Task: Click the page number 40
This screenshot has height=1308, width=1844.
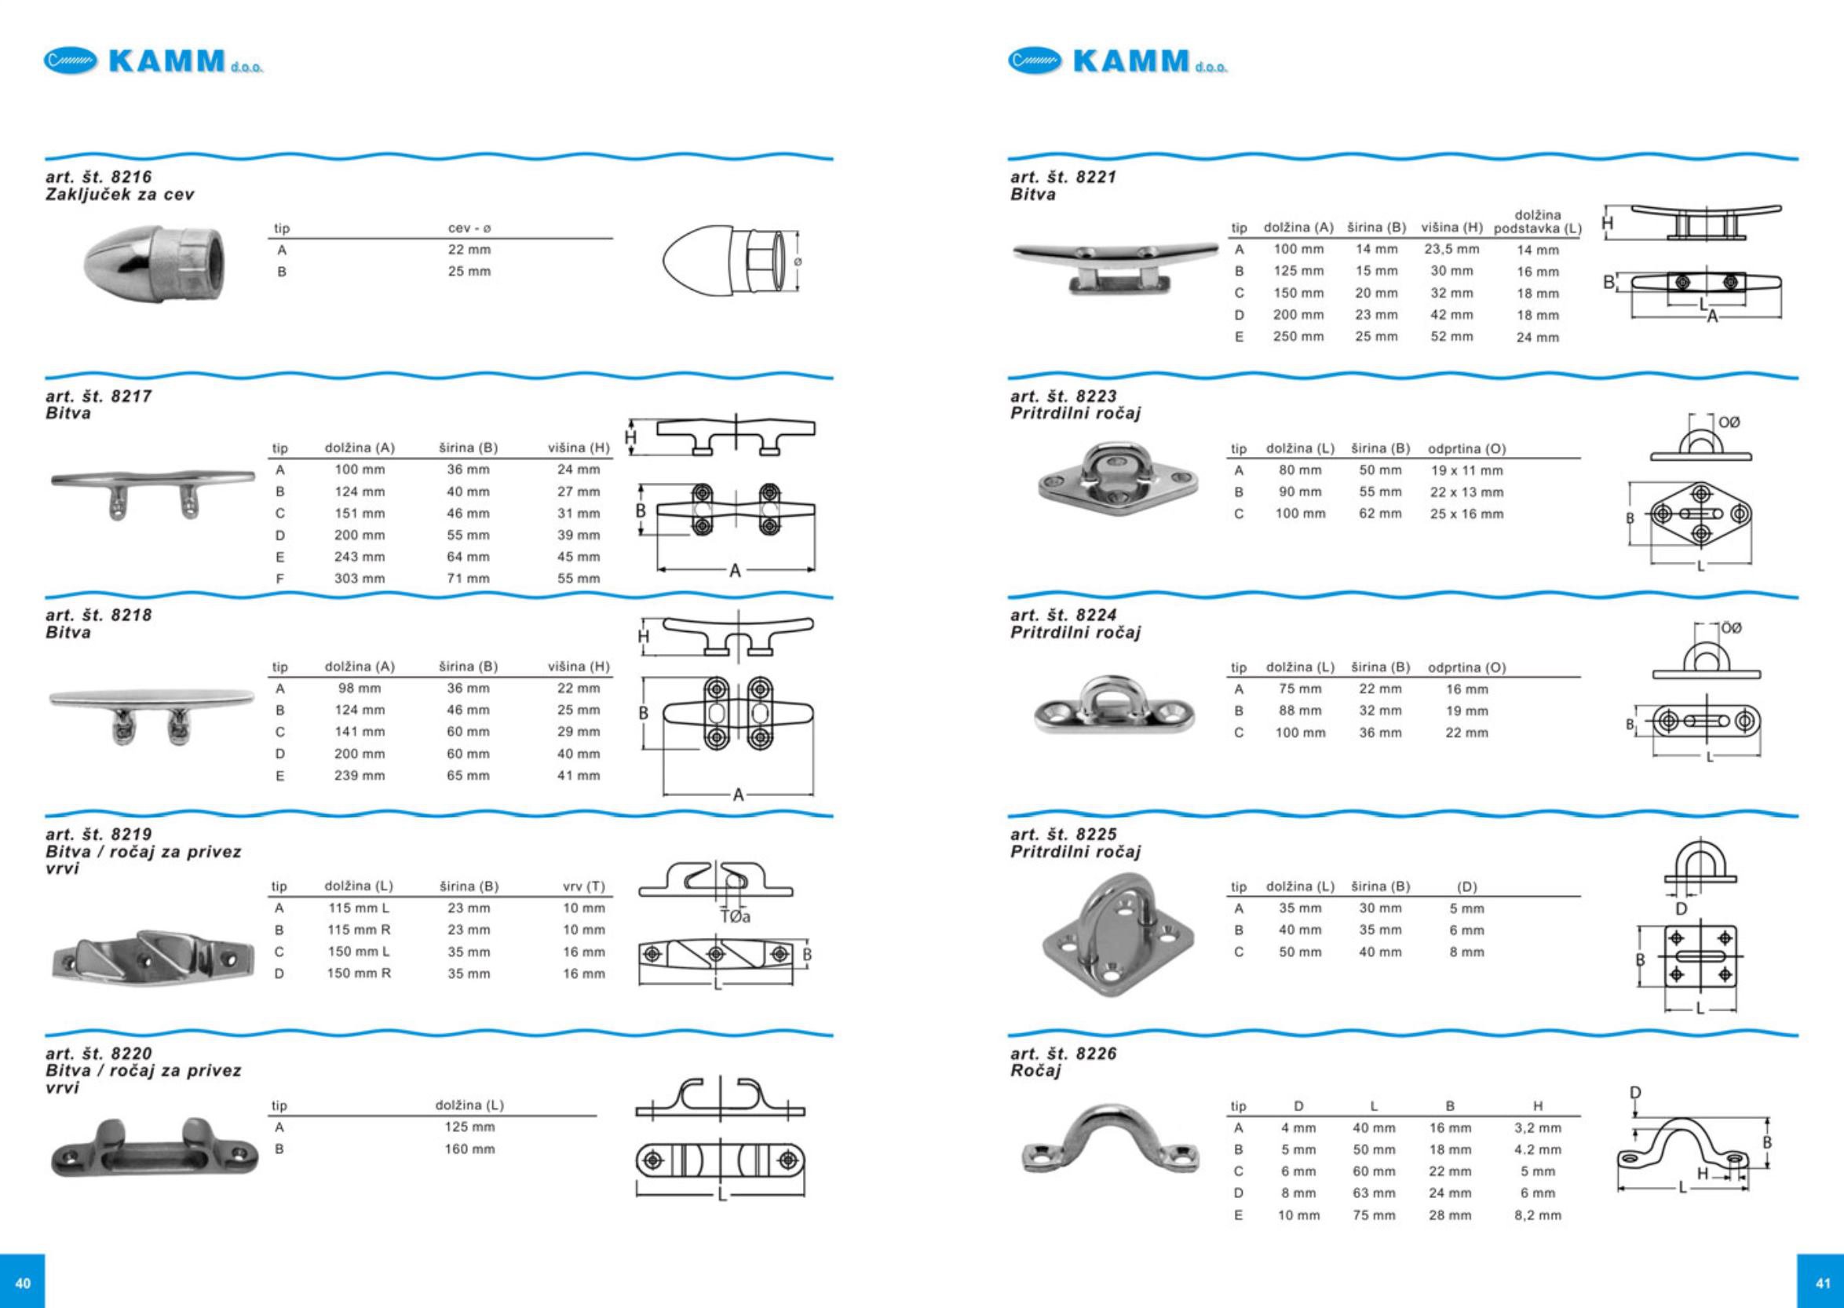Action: coord(23,1283)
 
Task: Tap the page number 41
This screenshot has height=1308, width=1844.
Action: coord(1823,1283)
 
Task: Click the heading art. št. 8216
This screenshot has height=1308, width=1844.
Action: coord(99,177)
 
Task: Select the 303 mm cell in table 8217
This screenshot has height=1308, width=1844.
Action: coord(359,579)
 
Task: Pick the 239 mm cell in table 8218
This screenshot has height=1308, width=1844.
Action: coord(359,776)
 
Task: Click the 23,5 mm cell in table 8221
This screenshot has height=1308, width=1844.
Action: coord(1451,250)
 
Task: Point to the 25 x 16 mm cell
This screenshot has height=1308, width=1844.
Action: coord(1466,513)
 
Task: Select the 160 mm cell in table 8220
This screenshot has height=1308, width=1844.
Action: coord(469,1149)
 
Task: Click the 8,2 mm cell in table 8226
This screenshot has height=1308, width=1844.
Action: coord(1537,1215)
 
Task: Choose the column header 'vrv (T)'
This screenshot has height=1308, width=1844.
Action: coord(584,886)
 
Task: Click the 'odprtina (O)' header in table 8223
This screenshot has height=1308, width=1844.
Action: coord(1466,448)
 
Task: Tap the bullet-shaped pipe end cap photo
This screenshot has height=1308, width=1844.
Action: coord(155,261)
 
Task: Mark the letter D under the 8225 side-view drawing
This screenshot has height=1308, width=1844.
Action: coord(1682,908)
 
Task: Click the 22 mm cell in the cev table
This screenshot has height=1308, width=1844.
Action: coord(469,250)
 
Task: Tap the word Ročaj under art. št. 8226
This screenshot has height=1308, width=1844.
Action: coord(1035,1071)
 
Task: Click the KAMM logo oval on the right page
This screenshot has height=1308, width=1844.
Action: coord(1035,60)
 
